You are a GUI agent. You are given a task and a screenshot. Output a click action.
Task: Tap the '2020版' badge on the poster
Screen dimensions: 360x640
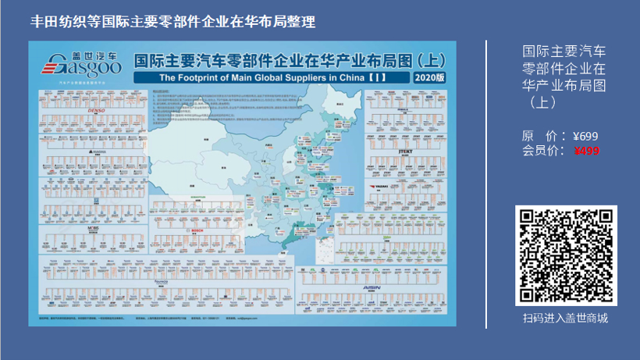point(429,78)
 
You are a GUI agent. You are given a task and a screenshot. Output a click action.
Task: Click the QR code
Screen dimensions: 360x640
point(566,256)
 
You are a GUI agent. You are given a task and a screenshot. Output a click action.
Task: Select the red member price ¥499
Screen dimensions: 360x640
point(586,151)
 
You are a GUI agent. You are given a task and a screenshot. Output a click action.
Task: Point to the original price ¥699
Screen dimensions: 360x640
point(585,136)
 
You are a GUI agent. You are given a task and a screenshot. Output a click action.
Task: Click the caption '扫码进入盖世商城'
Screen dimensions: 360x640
point(566,318)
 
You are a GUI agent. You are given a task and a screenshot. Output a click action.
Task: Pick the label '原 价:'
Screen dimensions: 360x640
point(542,136)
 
